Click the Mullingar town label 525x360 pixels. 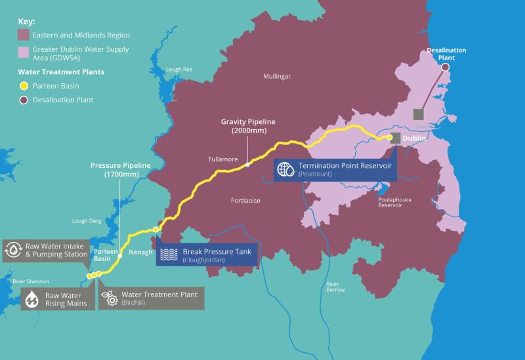point(276,77)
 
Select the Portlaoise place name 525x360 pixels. point(248,201)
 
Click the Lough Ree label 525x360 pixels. point(178,69)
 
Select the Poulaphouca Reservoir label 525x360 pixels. point(395,201)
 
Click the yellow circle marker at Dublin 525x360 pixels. point(389,138)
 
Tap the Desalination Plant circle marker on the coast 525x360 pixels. point(446,67)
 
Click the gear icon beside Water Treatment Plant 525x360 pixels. point(110,298)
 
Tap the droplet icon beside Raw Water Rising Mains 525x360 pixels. point(32,299)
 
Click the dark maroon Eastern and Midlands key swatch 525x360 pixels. point(24,35)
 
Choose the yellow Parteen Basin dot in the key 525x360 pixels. point(24,85)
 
